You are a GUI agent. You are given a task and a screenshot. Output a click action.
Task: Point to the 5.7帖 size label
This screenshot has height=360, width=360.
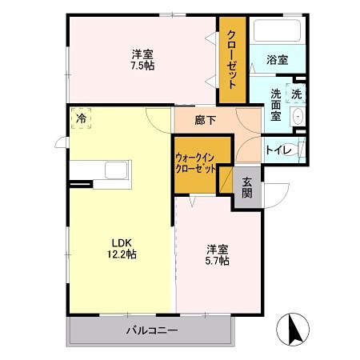pyautogui.click(x=217, y=261)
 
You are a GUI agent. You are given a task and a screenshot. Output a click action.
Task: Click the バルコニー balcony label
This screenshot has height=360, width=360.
pyautogui.click(x=151, y=330)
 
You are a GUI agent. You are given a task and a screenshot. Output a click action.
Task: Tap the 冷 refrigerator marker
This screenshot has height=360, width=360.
pyautogui.click(x=82, y=118)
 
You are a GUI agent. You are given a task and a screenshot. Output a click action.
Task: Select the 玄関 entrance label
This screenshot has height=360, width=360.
pyautogui.click(x=247, y=188)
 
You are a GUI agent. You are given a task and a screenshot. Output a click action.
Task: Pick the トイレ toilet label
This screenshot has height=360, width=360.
pyautogui.click(x=278, y=150)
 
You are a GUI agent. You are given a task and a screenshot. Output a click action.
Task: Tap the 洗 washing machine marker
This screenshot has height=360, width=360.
pyautogui.click(x=296, y=94)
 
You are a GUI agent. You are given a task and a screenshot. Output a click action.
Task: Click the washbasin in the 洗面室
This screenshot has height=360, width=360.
pyautogui.click(x=298, y=117)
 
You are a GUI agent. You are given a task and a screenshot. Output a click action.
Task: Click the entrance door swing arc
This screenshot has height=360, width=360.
pyautogui.click(x=277, y=194)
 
